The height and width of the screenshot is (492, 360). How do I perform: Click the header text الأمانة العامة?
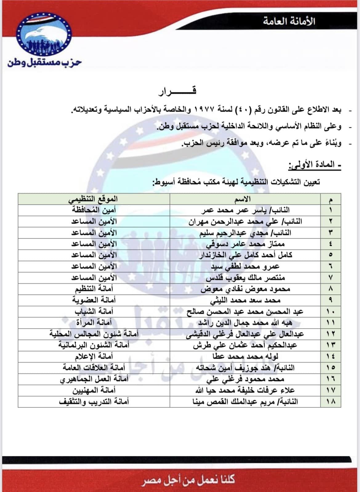pyautogui.click(x=289, y=21)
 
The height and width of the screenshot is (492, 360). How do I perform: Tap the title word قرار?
pyautogui.click(x=177, y=91)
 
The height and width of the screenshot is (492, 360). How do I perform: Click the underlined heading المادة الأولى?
pyautogui.click(x=314, y=165)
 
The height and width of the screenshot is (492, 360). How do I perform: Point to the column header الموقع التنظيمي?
pyautogui.click(x=93, y=199)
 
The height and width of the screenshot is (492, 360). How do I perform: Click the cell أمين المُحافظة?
pyautogui.click(x=94, y=210)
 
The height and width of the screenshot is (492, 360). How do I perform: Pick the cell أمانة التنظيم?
pyautogui.click(x=94, y=289)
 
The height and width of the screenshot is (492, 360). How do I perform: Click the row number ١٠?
pyautogui.click(x=330, y=311)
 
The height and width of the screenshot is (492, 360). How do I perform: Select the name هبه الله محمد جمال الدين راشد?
pyautogui.click(x=245, y=323)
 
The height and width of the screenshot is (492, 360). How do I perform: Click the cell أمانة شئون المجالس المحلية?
pyautogui.click(x=94, y=334)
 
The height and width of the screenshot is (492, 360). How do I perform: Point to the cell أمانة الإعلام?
pyautogui.click(x=94, y=356)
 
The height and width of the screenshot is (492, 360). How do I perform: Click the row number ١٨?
pyautogui.click(x=330, y=401)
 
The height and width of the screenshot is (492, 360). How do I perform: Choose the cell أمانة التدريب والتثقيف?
pyautogui.click(x=94, y=401)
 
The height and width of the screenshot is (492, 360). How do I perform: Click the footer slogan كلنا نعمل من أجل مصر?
pyautogui.click(x=188, y=479)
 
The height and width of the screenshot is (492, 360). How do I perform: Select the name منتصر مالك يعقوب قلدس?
pyautogui.click(x=245, y=278)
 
